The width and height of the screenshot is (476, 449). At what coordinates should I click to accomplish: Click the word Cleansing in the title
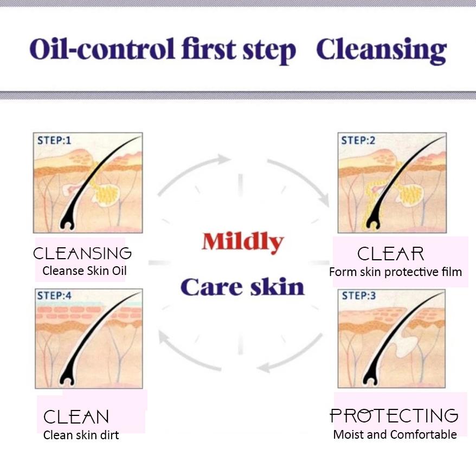(381, 50)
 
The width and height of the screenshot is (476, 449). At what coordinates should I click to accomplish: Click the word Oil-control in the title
(102, 49)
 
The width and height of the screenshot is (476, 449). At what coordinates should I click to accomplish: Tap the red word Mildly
(242, 242)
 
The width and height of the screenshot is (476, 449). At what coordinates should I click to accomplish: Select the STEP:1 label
(54, 140)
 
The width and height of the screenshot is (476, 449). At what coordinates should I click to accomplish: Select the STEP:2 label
(358, 140)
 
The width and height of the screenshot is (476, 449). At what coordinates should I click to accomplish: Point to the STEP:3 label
(359, 296)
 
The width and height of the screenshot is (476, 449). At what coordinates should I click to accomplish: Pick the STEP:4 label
(54, 296)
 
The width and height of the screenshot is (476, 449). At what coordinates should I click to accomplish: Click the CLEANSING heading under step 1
(82, 253)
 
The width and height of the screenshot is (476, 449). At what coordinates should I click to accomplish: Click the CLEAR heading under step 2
(390, 254)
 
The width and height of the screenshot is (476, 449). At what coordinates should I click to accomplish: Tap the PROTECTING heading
(394, 415)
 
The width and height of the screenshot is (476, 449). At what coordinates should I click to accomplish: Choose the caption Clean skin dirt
(81, 435)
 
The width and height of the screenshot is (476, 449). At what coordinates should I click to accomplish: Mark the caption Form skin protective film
(395, 272)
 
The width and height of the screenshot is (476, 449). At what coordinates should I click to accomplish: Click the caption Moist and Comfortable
(395, 434)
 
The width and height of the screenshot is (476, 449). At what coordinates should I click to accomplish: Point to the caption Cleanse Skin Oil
(85, 271)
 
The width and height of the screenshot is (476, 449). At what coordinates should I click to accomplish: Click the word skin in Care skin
(278, 287)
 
